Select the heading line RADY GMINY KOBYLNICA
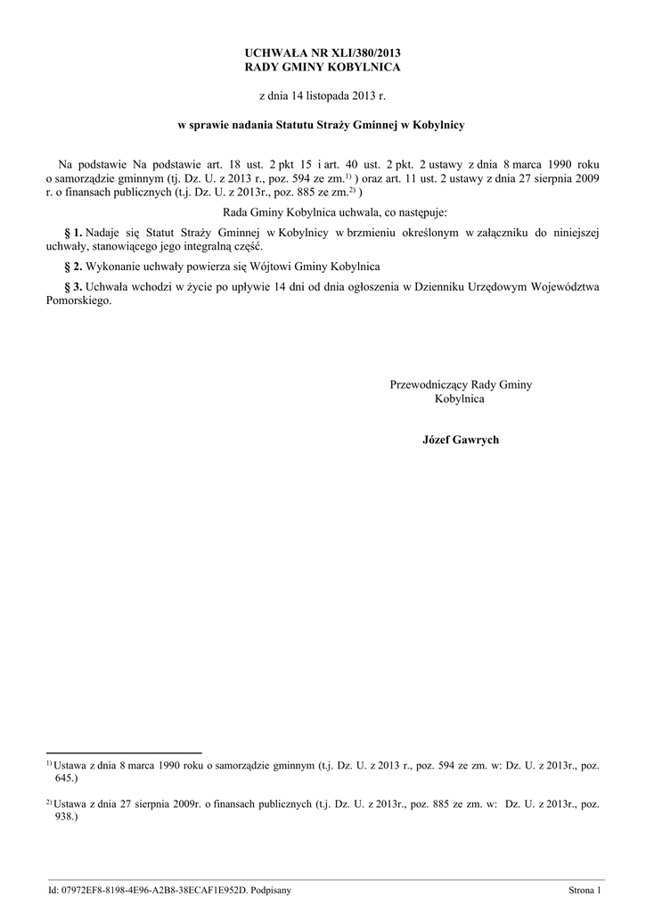click(x=323, y=68)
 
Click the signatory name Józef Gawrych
click(x=461, y=440)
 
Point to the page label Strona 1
click(x=585, y=890)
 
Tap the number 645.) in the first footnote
click(x=69, y=777)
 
